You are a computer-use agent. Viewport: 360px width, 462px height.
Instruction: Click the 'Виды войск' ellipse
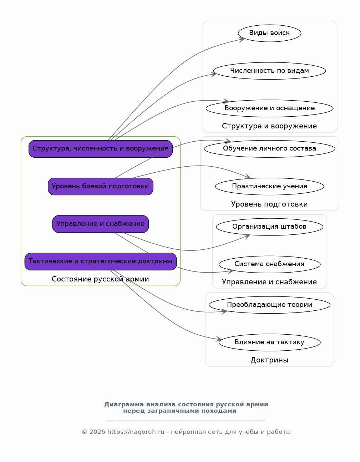269,33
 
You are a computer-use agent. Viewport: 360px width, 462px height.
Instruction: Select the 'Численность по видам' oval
269,71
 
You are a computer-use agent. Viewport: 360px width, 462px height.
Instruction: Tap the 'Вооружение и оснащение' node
269,108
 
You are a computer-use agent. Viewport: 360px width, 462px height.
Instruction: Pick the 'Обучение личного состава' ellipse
269,149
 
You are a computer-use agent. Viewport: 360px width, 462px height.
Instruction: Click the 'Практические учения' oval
269,187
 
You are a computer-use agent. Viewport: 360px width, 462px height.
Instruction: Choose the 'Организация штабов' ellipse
269,227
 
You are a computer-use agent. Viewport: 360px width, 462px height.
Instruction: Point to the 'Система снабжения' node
269,264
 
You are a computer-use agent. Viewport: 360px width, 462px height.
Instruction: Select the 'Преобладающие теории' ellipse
269,305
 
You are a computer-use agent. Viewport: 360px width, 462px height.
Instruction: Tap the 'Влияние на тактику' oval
269,342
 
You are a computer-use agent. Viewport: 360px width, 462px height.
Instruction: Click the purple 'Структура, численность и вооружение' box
101,149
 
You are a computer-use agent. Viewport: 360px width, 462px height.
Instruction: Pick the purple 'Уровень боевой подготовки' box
101,187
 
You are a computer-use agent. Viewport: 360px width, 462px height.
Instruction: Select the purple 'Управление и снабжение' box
101,224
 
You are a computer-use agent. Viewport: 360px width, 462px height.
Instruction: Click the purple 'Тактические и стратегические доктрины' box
101,262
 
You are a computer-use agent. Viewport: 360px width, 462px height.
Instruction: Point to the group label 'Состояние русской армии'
100,279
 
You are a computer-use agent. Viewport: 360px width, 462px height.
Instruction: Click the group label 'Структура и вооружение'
269,126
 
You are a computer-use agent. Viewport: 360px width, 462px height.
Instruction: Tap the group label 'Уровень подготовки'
269,204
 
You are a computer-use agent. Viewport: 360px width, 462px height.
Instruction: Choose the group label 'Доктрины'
269,360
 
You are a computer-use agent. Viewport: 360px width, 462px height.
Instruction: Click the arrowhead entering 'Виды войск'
242,39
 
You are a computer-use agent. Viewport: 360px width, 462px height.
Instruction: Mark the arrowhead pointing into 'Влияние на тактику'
219,339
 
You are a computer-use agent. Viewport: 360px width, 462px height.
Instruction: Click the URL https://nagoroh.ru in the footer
136,432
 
